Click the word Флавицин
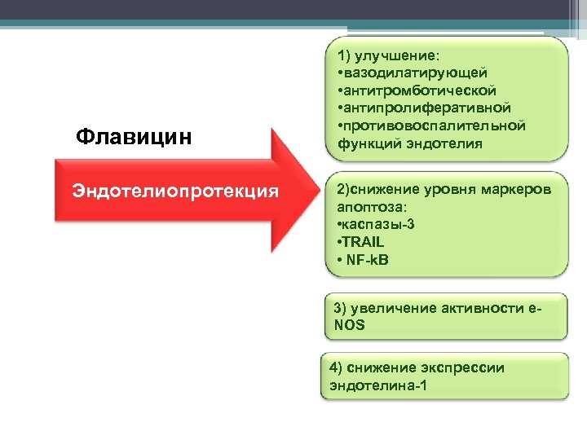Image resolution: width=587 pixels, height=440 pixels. (x=134, y=136)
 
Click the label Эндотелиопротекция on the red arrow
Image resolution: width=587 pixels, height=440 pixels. (x=175, y=191)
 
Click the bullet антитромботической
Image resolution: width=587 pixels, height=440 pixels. (x=416, y=90)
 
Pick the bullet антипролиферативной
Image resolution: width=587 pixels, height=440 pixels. (x=423, y=108)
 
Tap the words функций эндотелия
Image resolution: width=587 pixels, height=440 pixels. (x=404, y=143)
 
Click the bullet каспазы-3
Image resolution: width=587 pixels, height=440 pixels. (x=374, y=224)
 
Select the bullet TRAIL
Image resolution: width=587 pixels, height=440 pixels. (x=360, y=242)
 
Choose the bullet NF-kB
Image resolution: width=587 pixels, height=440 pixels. (x=363, y=260)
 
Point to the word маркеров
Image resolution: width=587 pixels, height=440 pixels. (x=515, y=189)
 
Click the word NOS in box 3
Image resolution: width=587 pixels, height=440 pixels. (x=350, y=325)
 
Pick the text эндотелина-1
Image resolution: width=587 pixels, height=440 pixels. (x=377, y=385)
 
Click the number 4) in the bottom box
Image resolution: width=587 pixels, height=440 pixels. (x=338, y=367)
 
